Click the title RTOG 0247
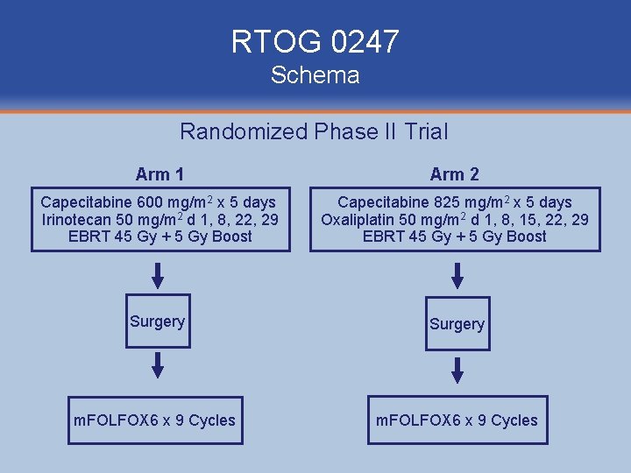(315, 41)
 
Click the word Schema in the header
(315, 75)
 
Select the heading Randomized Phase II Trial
(314, 132)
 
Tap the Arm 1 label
(160, 174)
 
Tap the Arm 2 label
(455, 174)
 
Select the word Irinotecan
(76, 219)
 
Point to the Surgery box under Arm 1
(158, 321)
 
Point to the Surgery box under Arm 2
(457, 324)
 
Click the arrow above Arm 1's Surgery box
(158, 276)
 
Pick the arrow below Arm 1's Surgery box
(158, 365)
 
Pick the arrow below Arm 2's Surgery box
(457, 369)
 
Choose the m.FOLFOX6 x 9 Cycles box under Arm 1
(154, 420)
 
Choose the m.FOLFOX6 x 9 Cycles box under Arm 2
(457, 420)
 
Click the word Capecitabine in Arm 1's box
(81, 202)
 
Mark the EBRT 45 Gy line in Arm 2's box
(455, 236)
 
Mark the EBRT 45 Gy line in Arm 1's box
(160, 236)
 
